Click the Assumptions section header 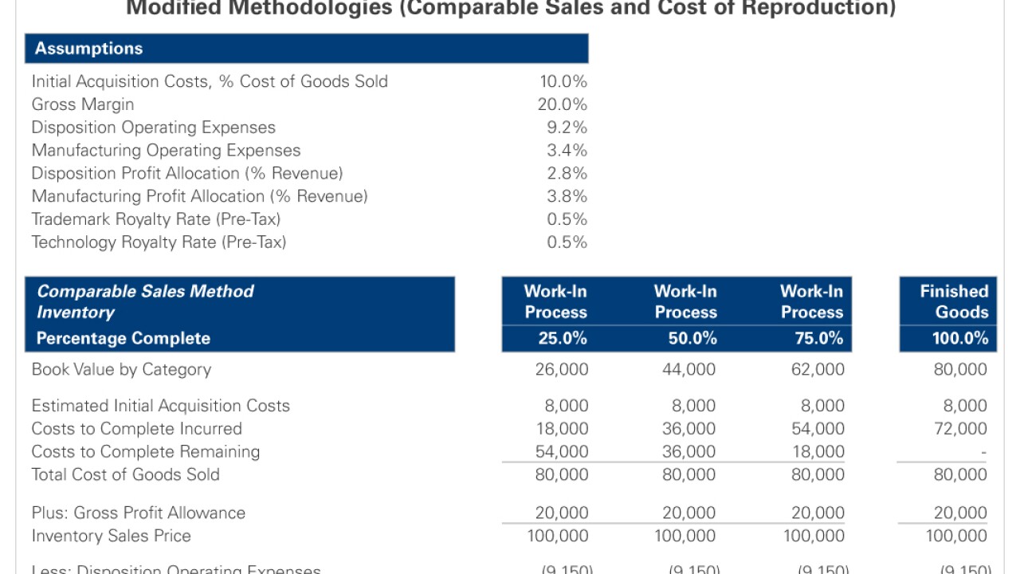tap(88, 49)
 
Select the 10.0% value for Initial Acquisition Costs tap(563, 81)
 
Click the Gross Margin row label tap(83, 104)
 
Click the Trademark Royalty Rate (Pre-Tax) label tap(156, 219)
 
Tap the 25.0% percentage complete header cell tap(556, 338)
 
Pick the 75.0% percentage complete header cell tap(811, 338)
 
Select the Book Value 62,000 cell tap(818, 369)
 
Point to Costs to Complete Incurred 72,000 tap(960, 429)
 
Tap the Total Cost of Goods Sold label tap(125, 474)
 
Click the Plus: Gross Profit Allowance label tap(139, 513)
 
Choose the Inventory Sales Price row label tap(112, 536)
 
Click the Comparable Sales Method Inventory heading tap(145, 301)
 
